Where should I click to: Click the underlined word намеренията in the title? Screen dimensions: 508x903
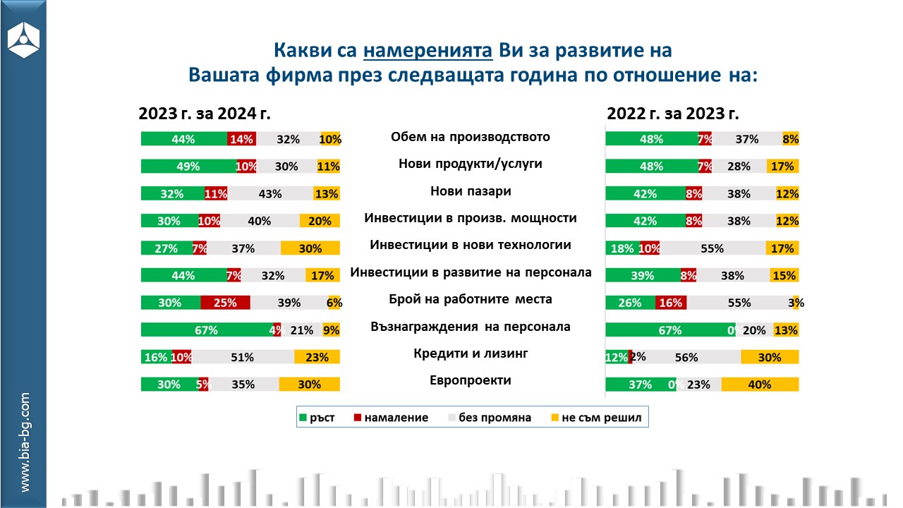428,51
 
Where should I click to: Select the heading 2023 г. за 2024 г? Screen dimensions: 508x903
205,114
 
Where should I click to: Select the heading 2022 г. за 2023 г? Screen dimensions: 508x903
672,114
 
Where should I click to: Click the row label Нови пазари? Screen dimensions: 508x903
471,191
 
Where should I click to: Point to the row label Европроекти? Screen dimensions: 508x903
471,380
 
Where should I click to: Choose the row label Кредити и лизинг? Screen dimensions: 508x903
471,353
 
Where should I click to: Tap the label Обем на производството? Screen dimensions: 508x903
471,137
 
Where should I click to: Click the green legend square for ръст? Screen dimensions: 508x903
304,418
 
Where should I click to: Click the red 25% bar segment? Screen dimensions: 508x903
225,303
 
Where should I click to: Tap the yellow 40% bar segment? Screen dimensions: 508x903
760,385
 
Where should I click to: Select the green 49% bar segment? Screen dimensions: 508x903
188,167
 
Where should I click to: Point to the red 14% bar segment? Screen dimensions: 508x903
241,139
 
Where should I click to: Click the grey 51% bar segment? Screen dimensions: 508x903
243,357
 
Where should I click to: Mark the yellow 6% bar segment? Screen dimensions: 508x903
334,303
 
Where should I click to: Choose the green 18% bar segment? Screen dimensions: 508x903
622,248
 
